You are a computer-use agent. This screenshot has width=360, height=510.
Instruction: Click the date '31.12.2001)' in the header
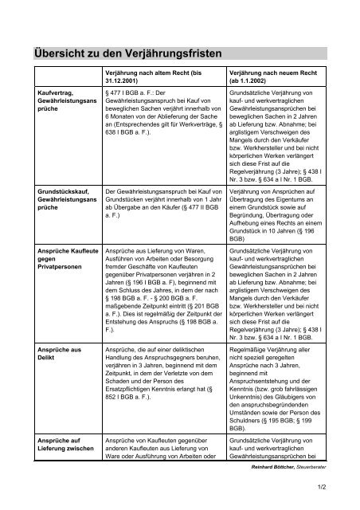pyautogui.click(x=128, y=80)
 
